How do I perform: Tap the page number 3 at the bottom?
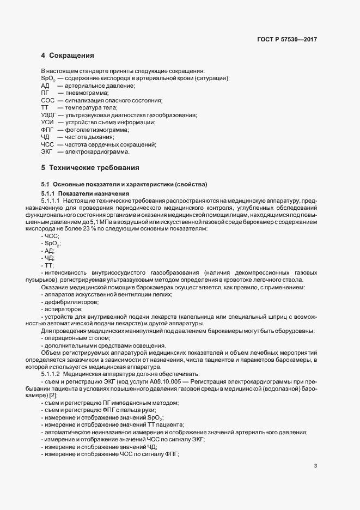[x=316, y=465]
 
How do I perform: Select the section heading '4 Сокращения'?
[x=68, y=56]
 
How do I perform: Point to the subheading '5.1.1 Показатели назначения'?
[x=86, y=193]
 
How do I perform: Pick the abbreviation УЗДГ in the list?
[x=49, y=115]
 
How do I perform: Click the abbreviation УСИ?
[x=47, y=123]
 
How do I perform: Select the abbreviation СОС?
[x=47, y=100]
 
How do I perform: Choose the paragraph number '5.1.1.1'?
[x=51, y=201]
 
